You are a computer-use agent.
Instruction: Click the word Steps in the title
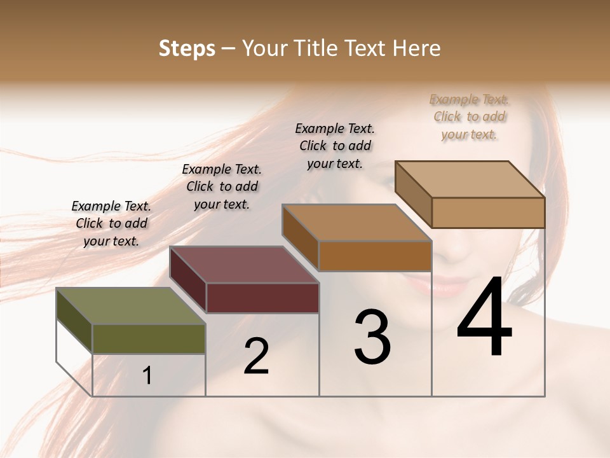(x=187, y=48)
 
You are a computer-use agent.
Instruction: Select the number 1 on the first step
(x=147, y=376)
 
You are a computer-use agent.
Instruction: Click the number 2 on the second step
(x=256, y=356)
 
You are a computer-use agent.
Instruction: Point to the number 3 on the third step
(x=372, y=337)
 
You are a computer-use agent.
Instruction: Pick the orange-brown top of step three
(x=356, y=223)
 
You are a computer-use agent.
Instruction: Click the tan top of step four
(x=470, y=179)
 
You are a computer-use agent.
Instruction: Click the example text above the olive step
(x=111, y=223)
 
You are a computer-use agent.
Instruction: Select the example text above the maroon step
(x=222, y=186)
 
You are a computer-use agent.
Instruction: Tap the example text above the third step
(x=335, y=146)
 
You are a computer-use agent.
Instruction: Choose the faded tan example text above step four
(x=470, y=116)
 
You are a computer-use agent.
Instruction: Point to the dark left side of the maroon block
(x=188, y=280)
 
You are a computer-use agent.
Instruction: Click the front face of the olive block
(x=149, y=338)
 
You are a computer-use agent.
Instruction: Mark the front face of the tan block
(x=487, y=212)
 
